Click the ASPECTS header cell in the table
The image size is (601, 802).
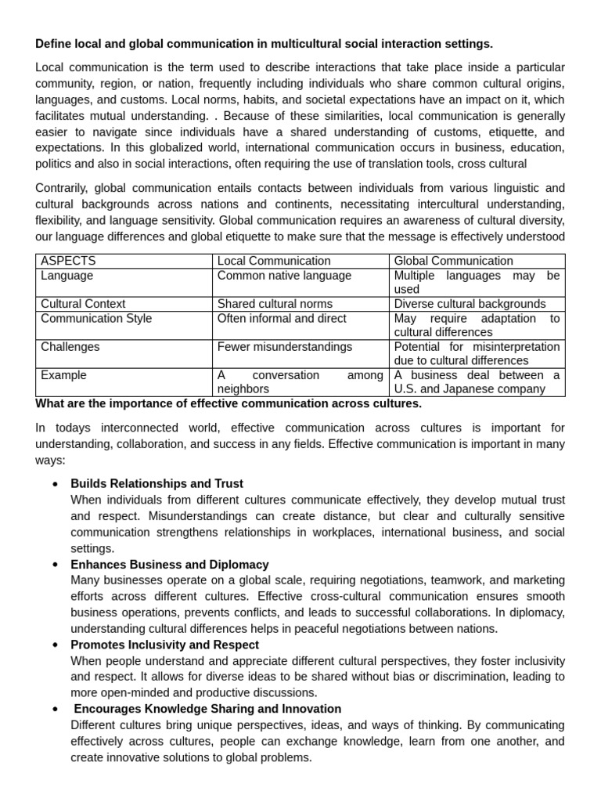coord(68,261)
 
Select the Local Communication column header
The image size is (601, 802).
coord(274,261)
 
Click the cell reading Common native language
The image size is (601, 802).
coord(284,276)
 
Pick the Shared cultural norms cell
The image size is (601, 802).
coord(275,304)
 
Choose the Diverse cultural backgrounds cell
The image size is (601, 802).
coord(470,304)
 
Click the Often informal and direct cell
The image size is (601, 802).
coord(282,319)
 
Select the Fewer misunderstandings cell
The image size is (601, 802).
coord(285,347)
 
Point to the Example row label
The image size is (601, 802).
coord(63,375)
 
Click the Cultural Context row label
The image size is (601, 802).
coord(83,304)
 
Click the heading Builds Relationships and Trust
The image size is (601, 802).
coord(157,484)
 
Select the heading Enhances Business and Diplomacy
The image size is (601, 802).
coord(170,565)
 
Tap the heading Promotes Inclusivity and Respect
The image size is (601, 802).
coord(164,645)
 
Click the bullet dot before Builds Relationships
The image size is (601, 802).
coord(55,485)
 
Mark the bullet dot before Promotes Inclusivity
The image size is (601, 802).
coord(55,645)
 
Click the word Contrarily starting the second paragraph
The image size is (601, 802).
coord(61,188)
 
